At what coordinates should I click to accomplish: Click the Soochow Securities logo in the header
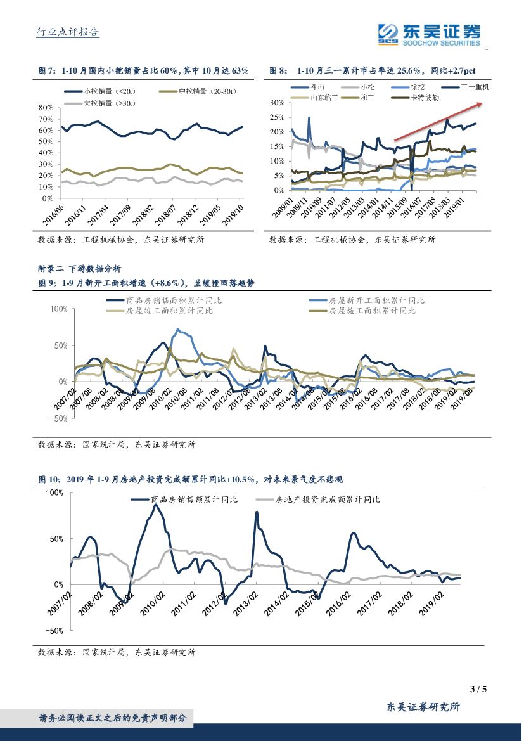click(428, 34)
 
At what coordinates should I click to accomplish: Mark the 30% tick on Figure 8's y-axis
click(276, 102)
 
